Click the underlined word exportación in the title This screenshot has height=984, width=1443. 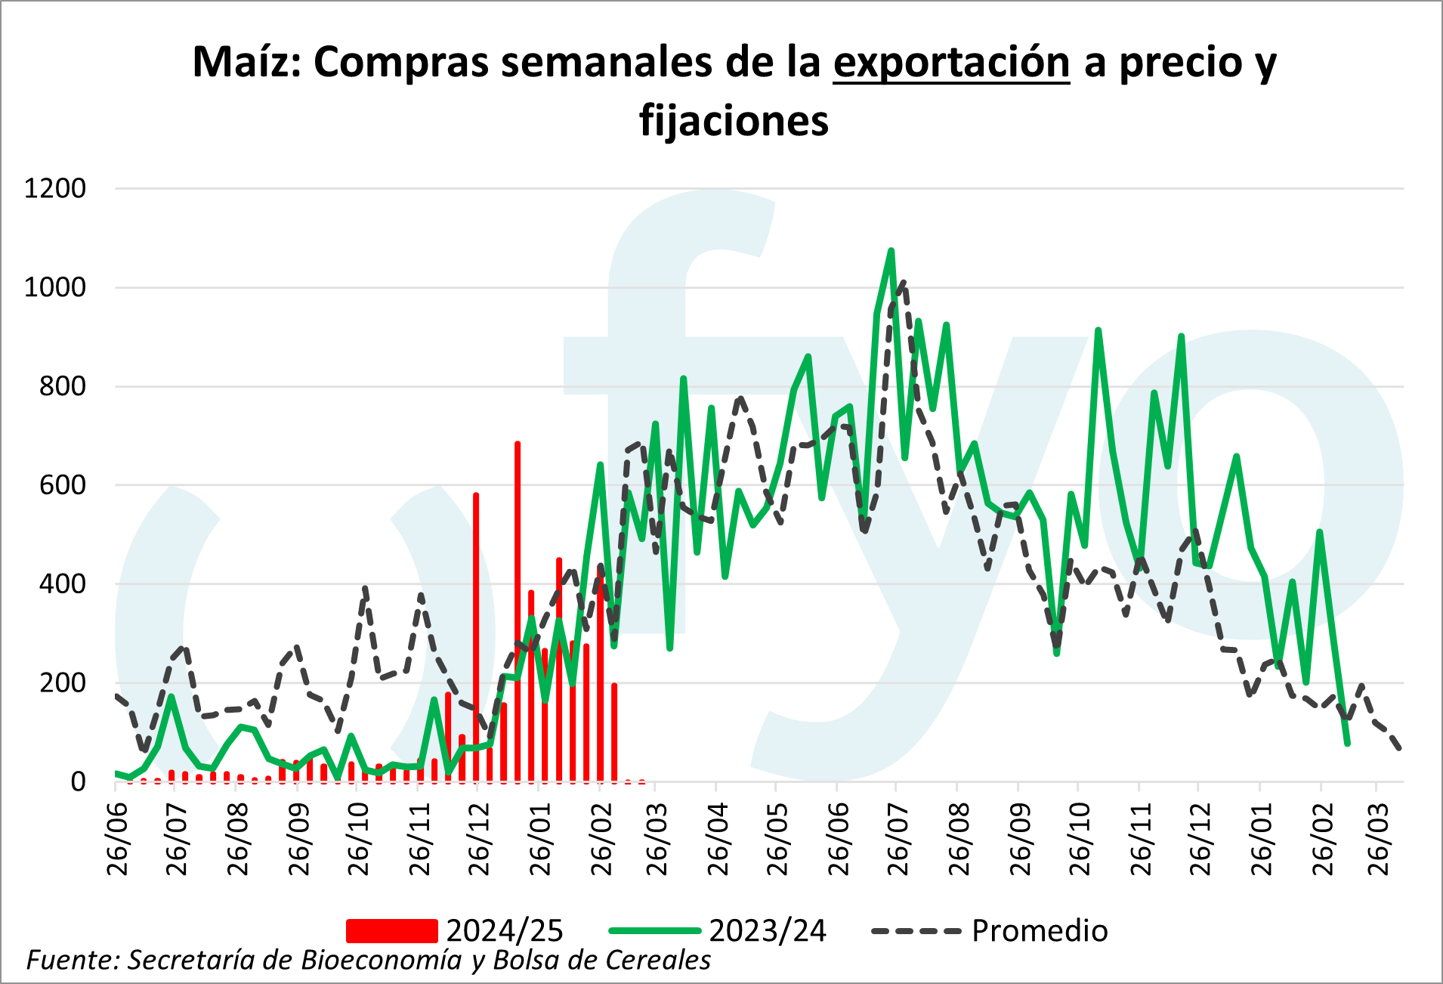point(951,62)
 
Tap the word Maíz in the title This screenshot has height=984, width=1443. point(246,62)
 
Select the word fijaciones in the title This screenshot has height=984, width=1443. point(734,121)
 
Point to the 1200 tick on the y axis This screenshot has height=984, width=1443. point(55,188)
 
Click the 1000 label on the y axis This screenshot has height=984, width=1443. point(55,287)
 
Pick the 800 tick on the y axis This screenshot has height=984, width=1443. point(63,386)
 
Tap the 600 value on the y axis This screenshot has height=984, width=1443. point(63,485)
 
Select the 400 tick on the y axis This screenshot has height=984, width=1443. point(63,583)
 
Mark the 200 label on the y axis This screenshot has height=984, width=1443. point(63,682)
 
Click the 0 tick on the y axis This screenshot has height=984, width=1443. point(78,781)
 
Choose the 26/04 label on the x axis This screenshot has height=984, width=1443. point(718,839)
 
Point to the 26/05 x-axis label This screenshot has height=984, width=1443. point(777,839)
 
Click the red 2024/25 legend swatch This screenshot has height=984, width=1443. point(391,931)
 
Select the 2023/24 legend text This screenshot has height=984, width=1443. point(768,931)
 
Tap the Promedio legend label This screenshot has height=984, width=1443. point(1040,931)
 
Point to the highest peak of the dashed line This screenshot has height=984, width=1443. point(904,283)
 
